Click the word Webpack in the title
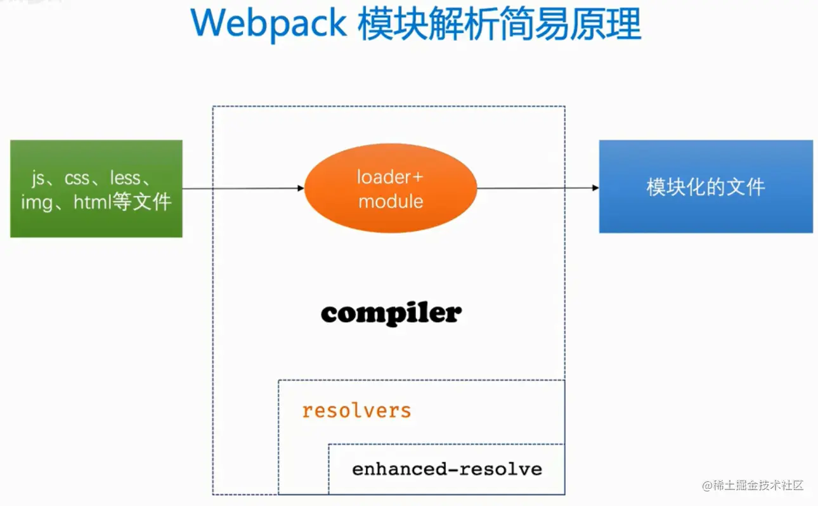pyautogui.click(x=268, y=24)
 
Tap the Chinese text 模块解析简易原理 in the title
pyautogui.click(x=500, y=23)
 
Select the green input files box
pyautogui.click(x=96, y=188)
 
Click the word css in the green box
pyautogui.click(x=77, y=179)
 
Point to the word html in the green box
pyautogui.click(x=92, y=202)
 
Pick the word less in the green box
pyautogui.click(x=126, y=178)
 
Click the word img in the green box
pyautogui.click(x=37, y=203)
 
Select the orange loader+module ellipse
pyautogui.click(x=391, y=188)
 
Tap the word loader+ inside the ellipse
pyautogui.click(x=390, y=177)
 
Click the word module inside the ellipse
pyautogui.click(x=391, y=201)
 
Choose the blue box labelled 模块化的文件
pyautogui.click(x=706, y=186)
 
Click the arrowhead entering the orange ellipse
pyautogui.click(x=301, y=188)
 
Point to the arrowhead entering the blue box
pyautogui.click(x=595, y=188)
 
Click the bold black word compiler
pyautogui.click(x=391, y=314)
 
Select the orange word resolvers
pyautogui.click(x=357, y=411)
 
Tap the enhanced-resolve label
pyautogui.click(x=447, y=469)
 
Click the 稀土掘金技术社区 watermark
pyautogui.click(x=758, y=485)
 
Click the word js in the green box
pyautogui.click(x=38, y=179)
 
